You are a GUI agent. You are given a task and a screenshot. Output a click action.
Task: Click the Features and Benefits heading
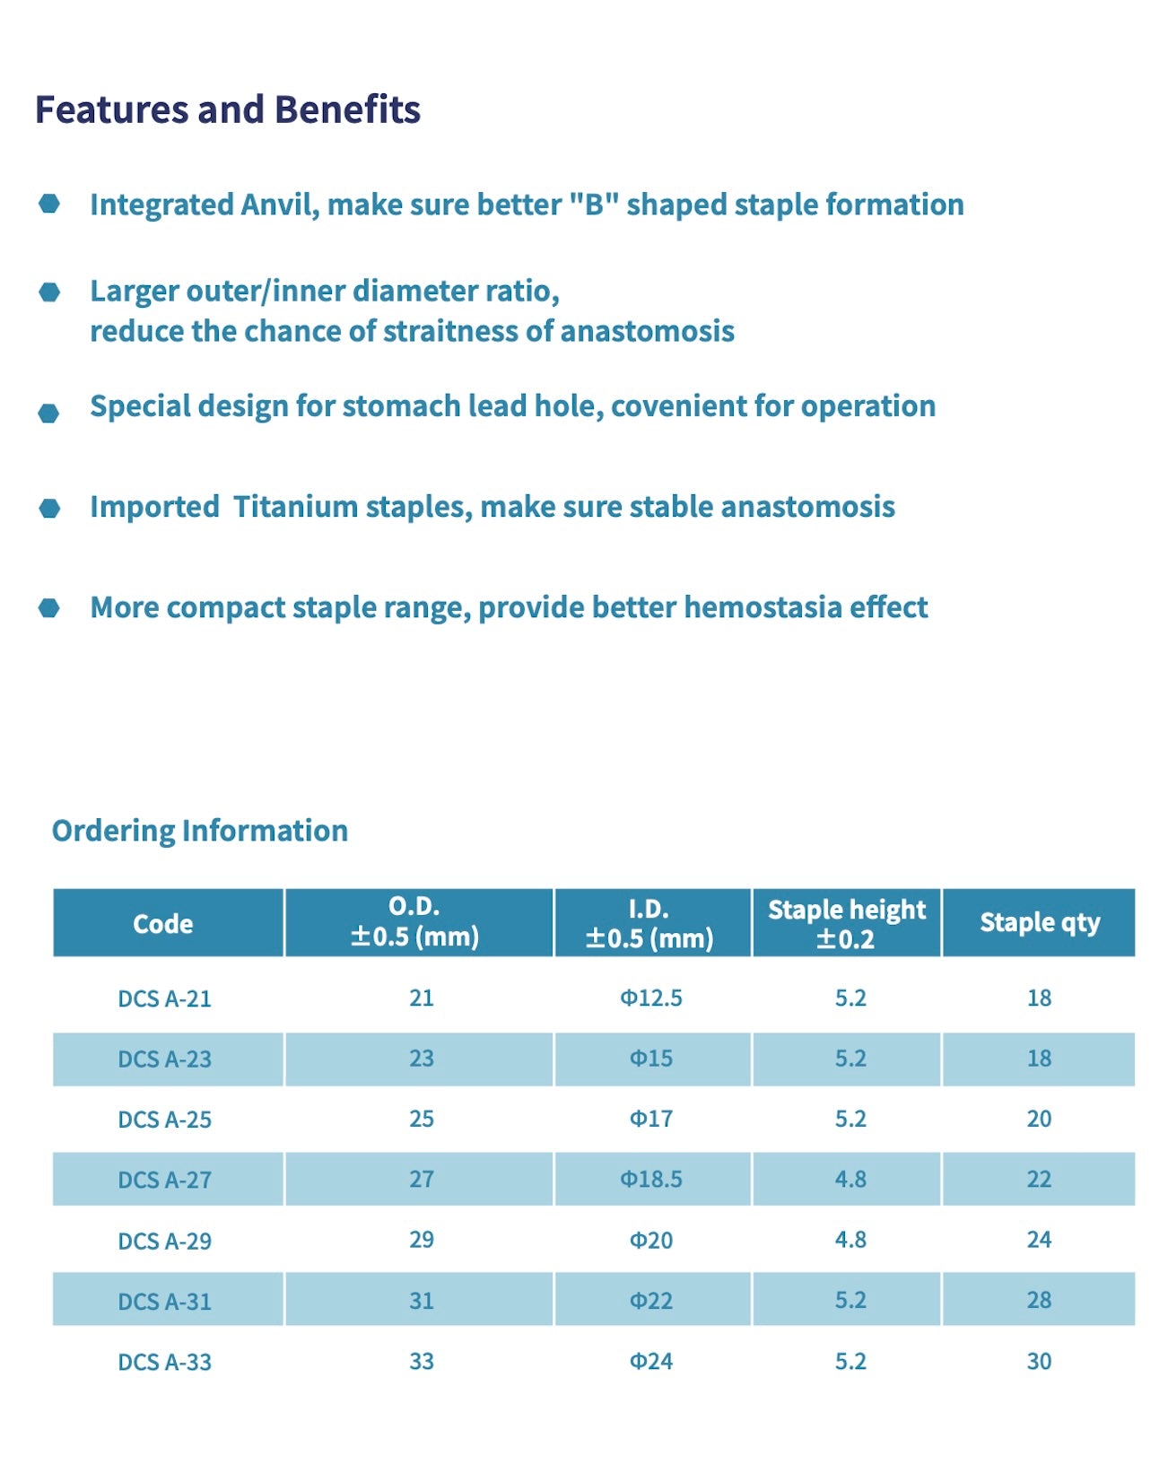point(227,109)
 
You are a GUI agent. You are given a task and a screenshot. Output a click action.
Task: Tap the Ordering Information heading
point(199,831)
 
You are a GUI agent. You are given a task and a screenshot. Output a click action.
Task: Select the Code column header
point(162,923)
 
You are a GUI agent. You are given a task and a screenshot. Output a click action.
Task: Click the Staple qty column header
point(1039,922)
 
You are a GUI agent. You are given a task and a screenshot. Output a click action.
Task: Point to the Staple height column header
point(846,923)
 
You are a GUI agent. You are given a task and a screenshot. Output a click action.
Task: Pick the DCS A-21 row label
point(164,998)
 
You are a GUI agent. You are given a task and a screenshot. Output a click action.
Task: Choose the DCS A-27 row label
point(164,1180)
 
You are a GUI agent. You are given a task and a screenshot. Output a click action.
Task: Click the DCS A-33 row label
point(164,1362)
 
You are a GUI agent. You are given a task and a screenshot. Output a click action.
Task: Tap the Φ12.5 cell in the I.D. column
point(651,998)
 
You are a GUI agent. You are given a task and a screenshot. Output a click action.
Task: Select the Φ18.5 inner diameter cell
point(651,1179)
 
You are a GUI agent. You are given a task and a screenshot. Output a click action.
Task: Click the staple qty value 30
point(1039,1361)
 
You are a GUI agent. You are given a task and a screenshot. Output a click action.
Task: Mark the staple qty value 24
point(1039,1240)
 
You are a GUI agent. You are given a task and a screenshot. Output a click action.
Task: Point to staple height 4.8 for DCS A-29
point(850,1240)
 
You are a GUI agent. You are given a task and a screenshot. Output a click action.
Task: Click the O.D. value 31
point(422,1301)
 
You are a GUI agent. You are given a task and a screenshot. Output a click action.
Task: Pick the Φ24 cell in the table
point(651,1361)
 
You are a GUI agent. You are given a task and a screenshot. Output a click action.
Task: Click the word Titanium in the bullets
point(295,507)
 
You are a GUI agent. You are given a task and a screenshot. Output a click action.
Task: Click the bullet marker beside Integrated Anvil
point(49,205)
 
